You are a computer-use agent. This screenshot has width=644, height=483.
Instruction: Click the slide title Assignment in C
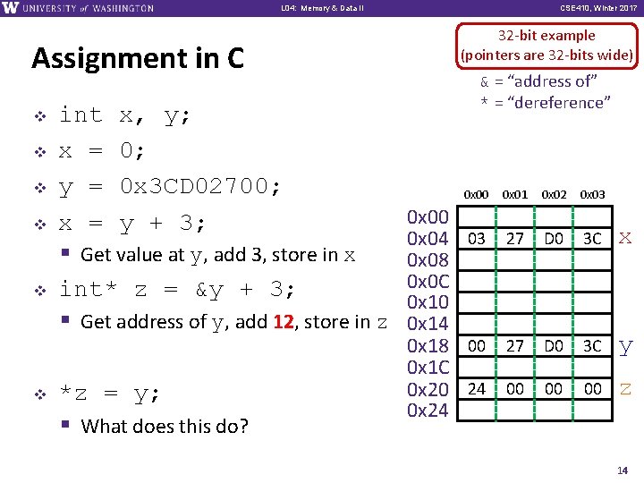click(138, 59)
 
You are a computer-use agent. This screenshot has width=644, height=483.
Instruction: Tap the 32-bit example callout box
click(547, 45)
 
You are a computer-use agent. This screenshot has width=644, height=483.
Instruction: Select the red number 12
click(283, 322)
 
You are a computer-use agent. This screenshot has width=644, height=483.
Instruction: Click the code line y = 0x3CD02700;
click(170, 187)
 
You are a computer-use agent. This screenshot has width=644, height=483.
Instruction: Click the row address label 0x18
click(428, 346)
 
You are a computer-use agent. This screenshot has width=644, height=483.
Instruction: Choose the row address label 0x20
click(428, 389)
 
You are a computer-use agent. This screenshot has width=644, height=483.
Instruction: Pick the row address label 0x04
click(428, 239)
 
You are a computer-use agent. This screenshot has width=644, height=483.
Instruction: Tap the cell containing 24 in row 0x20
click(477, 389)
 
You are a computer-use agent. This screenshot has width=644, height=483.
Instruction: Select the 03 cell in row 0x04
click(477, 239)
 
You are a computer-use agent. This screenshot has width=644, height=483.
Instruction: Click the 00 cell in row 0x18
click(477, 346)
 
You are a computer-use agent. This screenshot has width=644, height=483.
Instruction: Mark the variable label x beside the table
click(625, 238)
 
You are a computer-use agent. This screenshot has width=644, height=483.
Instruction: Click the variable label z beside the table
click(625, 388)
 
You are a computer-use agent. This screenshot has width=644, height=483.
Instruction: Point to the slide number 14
click(623, 470)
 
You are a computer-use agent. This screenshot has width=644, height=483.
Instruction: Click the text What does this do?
click(165, 427)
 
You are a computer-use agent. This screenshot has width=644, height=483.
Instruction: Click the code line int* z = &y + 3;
click(177, 290)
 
